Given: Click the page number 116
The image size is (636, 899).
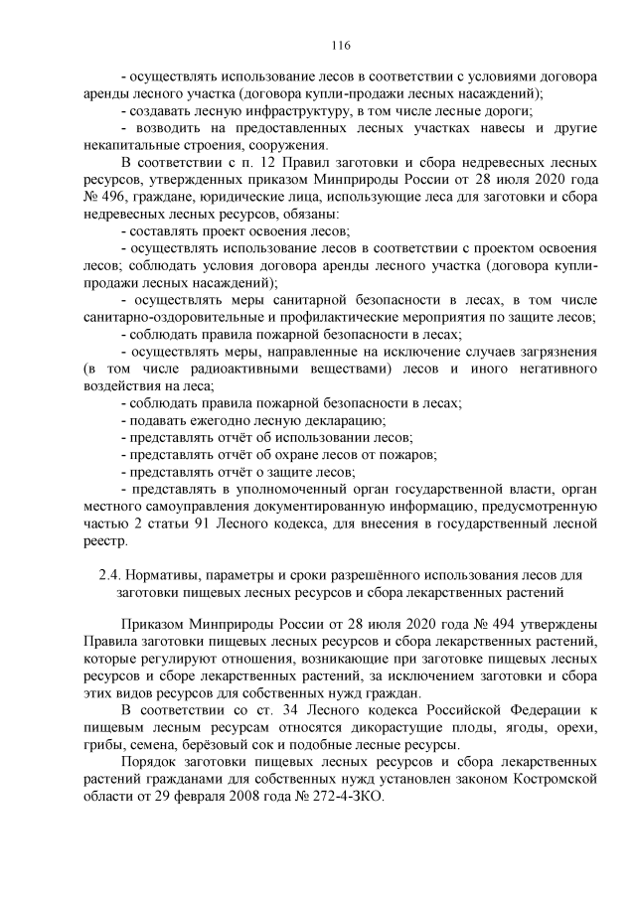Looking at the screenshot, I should (317, 46).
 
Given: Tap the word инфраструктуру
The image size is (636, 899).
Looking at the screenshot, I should (294, 110).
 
